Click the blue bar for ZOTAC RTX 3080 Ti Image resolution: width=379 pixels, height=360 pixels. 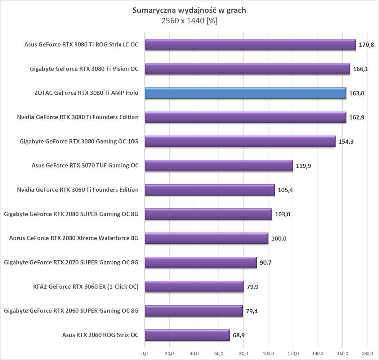point(245,93)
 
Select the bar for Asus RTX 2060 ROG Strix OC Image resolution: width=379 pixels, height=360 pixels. point(187,335)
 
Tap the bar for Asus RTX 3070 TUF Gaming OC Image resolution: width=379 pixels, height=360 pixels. point(219,166)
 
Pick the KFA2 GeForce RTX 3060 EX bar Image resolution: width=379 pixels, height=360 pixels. point(194,287)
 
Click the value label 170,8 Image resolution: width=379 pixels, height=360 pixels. point(366,45)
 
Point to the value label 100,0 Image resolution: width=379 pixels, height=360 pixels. point(279,239)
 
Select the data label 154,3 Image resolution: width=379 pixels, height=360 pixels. point(346,141)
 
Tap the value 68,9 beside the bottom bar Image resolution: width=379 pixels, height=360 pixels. point(240,336)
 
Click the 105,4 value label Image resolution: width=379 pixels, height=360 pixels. point(285,190)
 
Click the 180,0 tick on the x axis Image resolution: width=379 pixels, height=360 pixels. point(367,353)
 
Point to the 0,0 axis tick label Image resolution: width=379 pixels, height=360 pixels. point(144,353)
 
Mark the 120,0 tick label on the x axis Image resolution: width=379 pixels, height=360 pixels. point(293,353)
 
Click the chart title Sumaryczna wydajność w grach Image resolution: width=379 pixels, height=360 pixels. point(189,10)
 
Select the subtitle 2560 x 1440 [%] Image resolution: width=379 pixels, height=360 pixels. point(189,21)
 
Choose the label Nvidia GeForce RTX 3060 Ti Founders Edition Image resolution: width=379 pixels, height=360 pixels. point(77,190)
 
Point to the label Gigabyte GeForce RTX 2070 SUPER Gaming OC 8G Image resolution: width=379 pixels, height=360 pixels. point(71,262)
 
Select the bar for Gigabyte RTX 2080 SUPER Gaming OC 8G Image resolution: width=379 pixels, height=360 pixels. point(208,214)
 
